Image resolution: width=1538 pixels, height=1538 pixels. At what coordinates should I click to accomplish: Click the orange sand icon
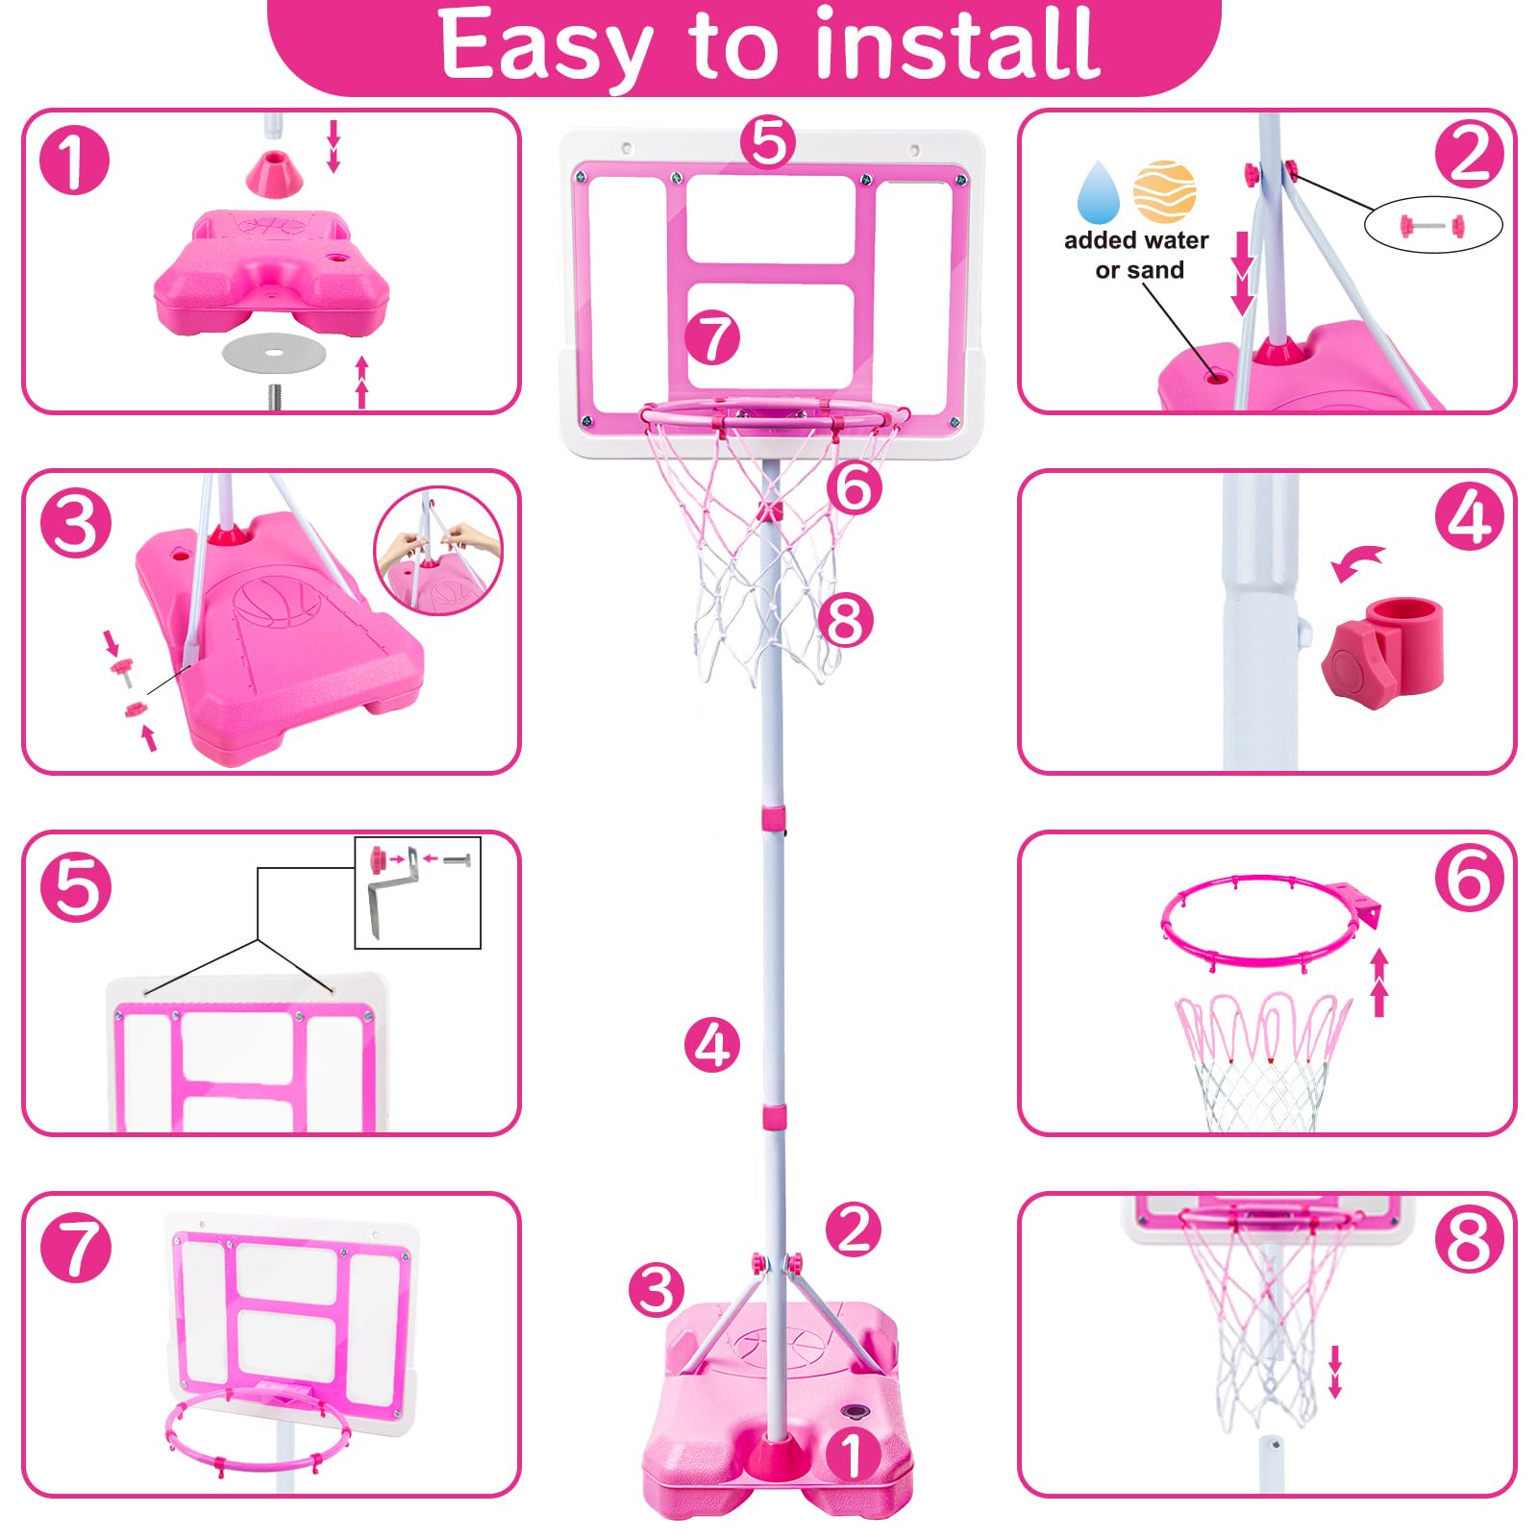point(1164,192)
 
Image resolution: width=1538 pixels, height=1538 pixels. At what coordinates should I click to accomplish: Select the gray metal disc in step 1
point(274,353)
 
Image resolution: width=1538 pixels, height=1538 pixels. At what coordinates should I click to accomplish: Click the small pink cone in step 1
point(272,171)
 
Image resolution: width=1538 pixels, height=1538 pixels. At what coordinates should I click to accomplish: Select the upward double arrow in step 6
point(1379,982)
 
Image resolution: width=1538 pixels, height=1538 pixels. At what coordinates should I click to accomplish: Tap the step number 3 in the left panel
point(76,524)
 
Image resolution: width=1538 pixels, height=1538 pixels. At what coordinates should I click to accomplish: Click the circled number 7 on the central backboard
point(712,338)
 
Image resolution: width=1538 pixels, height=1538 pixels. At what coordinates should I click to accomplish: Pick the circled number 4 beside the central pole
point(712,1045)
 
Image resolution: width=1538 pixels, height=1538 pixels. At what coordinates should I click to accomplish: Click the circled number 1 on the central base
point(852,1453)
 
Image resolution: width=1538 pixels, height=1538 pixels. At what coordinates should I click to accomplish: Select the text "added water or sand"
point(1137,255)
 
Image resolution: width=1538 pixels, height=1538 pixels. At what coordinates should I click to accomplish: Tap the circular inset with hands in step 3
point(438,551)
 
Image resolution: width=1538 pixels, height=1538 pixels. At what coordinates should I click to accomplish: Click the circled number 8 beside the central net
point(846,620)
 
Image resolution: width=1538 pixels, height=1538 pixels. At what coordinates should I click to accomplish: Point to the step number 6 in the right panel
point(1470,877)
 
